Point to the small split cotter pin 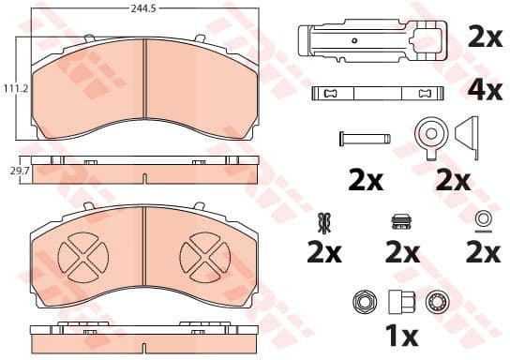pyautogui.click(x=324, y=221)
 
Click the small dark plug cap pyautogui.click(x=400, y=222)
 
